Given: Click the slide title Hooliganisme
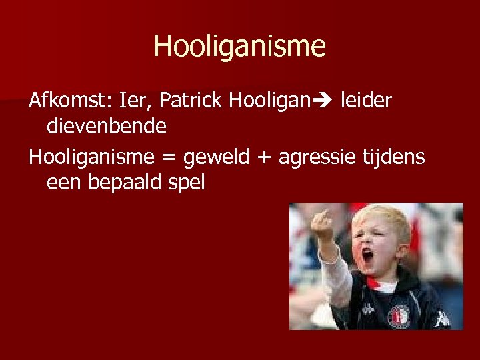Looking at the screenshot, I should coord(240,46).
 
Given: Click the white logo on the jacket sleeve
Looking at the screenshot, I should coord(441,318).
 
